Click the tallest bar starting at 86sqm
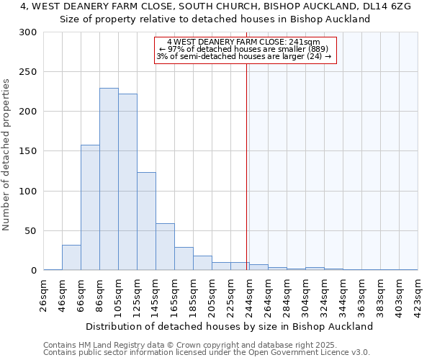[109, 179]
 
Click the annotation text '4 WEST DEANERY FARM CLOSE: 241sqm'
[243, 42]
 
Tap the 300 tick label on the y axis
[28, 32]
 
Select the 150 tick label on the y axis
[28, 151]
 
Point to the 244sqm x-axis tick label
[249, 294]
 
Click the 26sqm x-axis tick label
[43, 294]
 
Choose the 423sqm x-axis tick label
[418, 294]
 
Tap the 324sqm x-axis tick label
[324, 294]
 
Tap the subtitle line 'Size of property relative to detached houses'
[215, 19]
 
